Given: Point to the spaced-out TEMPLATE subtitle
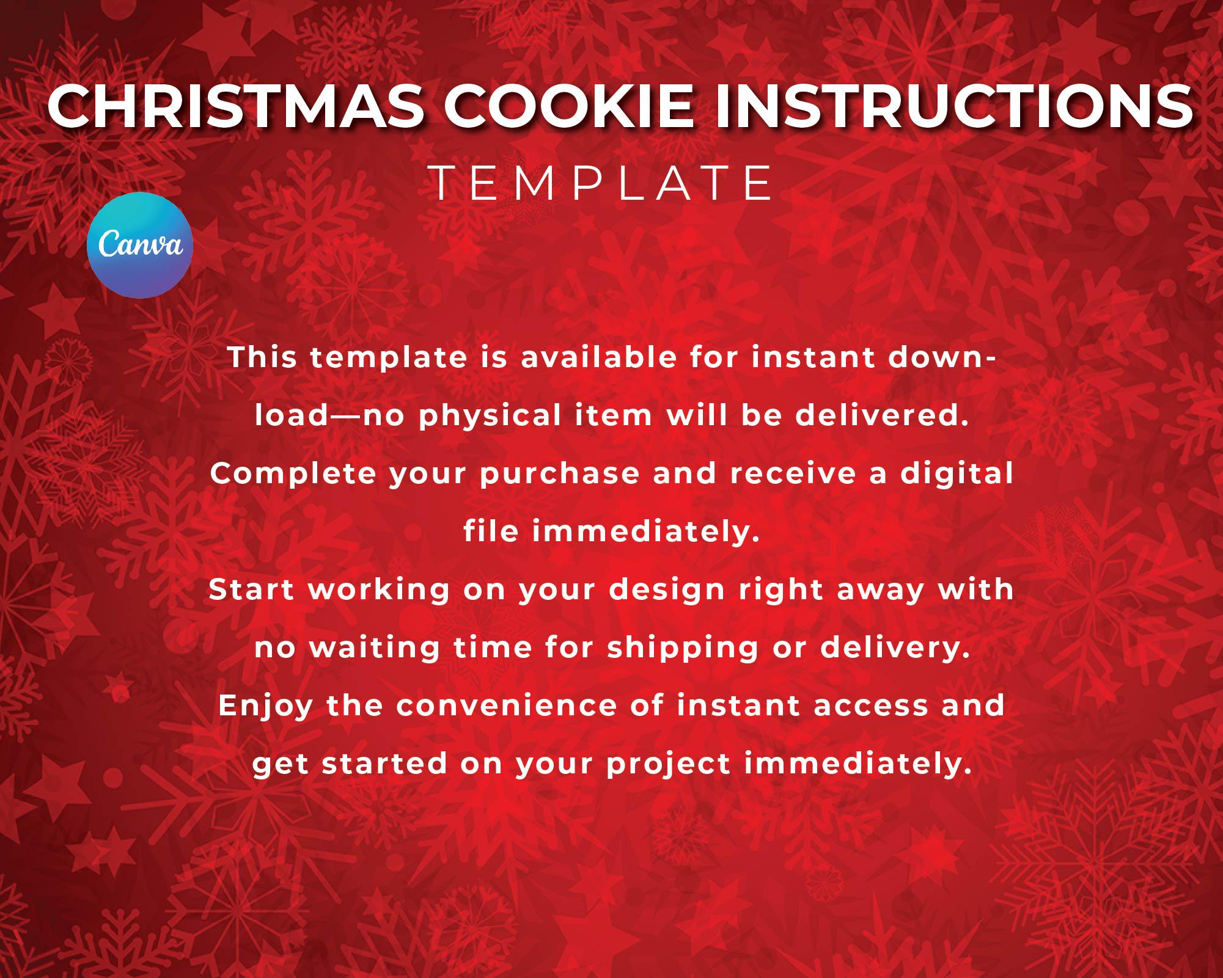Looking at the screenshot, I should pos(602,183).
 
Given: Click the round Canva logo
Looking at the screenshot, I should pos(140,245).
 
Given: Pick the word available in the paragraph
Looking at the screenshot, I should pos(599,357).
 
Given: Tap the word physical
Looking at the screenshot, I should pos(490,415).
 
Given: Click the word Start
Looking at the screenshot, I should pos(252,589).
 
